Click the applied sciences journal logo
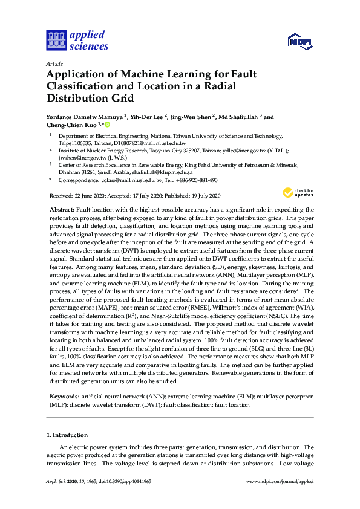pyautogui.click(x=77, y=40)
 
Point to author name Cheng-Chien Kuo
pyautogui.click(x=71, y=125)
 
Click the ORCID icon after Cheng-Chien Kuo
pyautogui.click(x=107, y=125)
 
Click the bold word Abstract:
pyautogui.click(x=62, y=209)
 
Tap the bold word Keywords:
pyautogui.click(x=64, y=397)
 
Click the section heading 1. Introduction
pyautogui.click(x=67, y=435)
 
